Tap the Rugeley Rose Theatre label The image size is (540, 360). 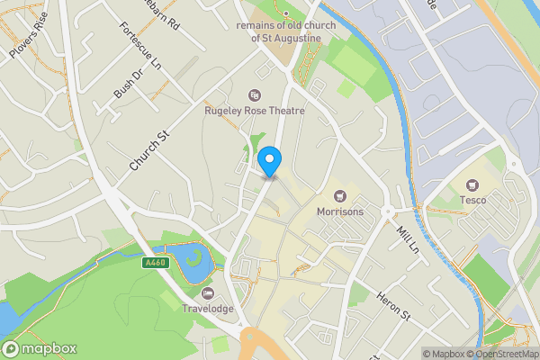pyautogui.click(x=255, y=111)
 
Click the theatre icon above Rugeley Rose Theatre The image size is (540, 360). pyautogui.click(x=255, y=94)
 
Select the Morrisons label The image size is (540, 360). pyautogui.click(x=340, y=211)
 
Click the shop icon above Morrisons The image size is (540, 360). pyautogui.click(x=340, y=195)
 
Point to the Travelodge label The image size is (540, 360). pyautogui.click(x=209, y=309)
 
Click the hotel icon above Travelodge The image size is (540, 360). pyautogui.click(x=209, y=293)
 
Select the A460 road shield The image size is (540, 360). pyautogui.click(x=155, y=263)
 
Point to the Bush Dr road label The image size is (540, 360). pyautogui.click(x=129, y=84)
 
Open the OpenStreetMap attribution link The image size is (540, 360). pyautogui.click(x=500, y=353)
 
